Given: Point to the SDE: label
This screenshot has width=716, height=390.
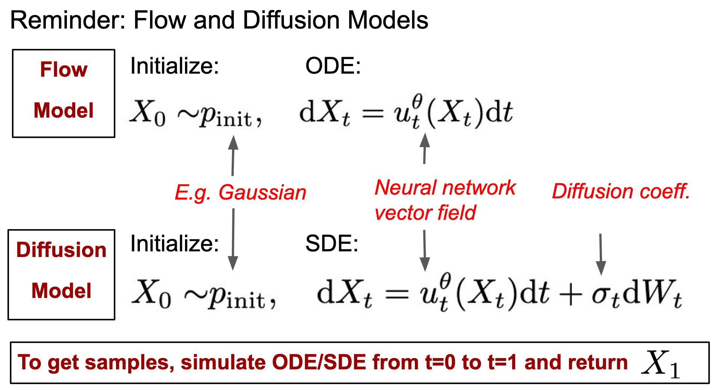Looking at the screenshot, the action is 332,243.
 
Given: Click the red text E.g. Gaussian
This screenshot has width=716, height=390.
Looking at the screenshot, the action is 241,193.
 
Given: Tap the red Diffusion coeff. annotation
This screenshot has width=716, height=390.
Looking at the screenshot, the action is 621,191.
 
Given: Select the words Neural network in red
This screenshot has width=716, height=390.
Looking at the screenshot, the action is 445,187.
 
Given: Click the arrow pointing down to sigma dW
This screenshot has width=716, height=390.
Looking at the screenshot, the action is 601,254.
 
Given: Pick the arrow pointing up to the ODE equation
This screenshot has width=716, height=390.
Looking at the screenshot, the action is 425,148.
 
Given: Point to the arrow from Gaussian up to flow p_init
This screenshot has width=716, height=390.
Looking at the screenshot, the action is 233,156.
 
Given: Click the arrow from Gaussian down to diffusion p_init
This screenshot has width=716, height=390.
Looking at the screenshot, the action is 233,239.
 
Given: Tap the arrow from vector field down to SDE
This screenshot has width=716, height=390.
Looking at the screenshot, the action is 425,251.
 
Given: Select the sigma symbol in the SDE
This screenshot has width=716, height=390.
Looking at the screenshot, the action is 601,294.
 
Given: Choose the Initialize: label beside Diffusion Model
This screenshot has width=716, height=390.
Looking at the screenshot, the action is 174,243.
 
